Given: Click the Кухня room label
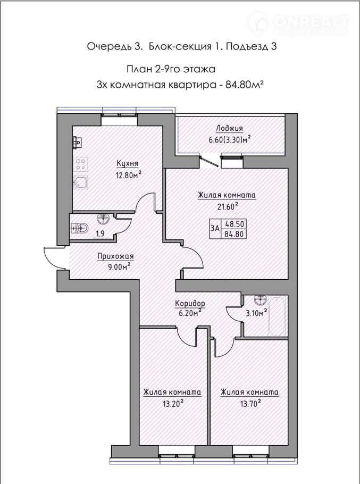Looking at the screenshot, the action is (x=127, y=163).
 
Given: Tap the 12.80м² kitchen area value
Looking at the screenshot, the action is (x=128, y=175).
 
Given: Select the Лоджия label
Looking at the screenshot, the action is (x=229, y=128).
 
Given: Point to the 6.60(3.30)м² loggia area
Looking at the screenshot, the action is (x=229, y=140).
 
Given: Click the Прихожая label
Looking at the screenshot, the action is (x=115, y=256).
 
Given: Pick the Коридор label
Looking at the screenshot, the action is (x=190, y=303).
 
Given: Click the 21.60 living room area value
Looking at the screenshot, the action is (x=228, y=206).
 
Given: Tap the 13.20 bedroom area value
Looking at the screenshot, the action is (x=173, y=404).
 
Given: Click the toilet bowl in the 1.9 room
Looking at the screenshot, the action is (x=79, y=228).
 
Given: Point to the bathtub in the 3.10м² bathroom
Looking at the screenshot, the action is (x=277, y=316).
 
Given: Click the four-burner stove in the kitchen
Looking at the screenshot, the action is (x=81, y=164).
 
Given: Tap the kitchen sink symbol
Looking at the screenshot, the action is (x=81, y=182).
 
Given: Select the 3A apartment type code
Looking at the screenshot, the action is (x=215, y=228).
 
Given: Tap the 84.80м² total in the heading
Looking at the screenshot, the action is (x=244, y=85).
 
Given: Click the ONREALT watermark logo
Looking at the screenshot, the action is (x=298, y=23).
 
